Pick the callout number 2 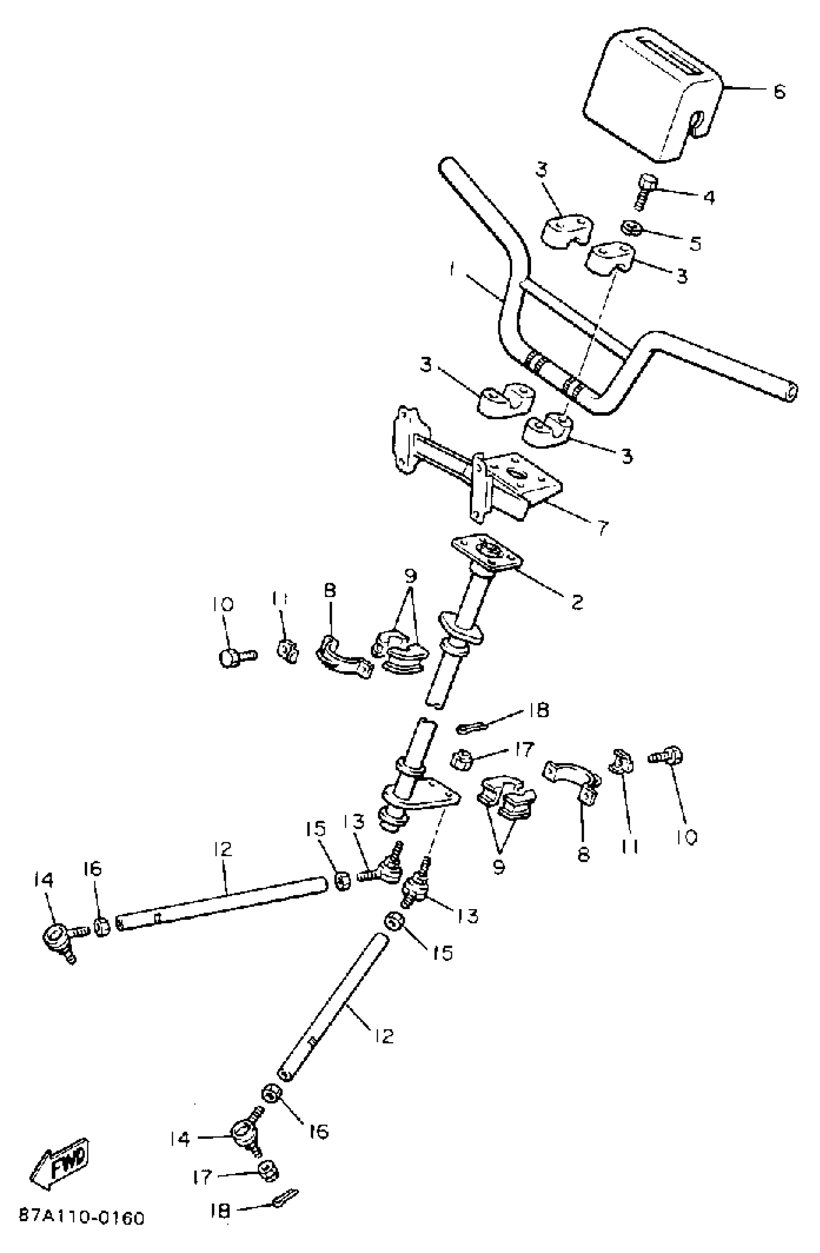pyautogui.click(x=577, y=602)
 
